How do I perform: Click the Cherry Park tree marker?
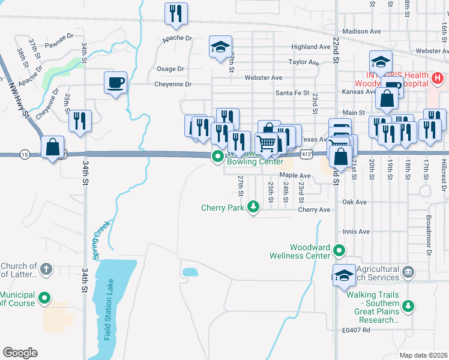pos(253,208)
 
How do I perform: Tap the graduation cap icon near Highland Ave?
pos(220,46)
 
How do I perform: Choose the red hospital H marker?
pos(438,78)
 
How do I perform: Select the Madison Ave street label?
pos(361,31)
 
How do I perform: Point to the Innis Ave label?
pos(356,232)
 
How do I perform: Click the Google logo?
pos(20,353)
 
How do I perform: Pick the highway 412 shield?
pos(307,155)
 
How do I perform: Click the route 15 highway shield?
pos(24,155)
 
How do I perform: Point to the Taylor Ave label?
pos(303,62)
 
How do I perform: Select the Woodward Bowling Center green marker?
pos(217,156)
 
